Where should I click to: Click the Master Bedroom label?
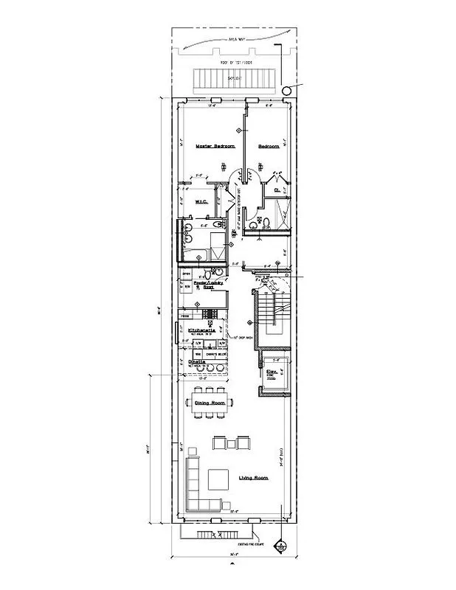pos(215,147)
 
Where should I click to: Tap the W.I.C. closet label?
pos(200,201)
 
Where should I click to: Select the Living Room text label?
pos(253,478)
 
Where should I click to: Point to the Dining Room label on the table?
pos(210,403)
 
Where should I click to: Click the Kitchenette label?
pos(201,330)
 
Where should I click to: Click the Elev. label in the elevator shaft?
pos(272,372)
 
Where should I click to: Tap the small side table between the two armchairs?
pos(232,443)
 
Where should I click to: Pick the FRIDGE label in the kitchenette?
pos(184,315)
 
